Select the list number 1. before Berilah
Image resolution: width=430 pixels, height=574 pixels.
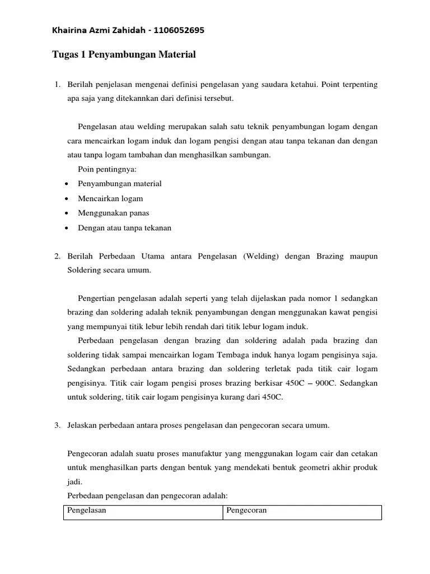click(57, 85)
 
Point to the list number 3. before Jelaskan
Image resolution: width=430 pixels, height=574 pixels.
click(57, 425)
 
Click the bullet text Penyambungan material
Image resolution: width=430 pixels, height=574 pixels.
click(120, 184)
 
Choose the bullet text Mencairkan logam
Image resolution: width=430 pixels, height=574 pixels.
click(111, 198)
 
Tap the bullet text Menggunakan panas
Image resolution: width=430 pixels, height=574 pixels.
click(114, 214)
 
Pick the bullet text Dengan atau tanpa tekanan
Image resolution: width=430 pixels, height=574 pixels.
click(125, 228)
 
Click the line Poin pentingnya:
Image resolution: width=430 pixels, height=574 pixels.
click(107, 169)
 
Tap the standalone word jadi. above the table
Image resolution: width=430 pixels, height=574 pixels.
click(74, 482)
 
